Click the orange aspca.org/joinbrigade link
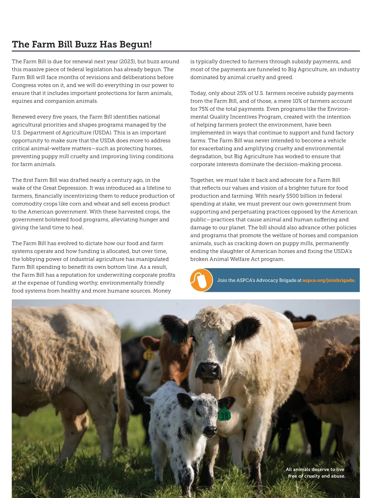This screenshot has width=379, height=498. (x=328, y=280)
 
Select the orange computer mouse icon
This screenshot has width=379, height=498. (x=201, y=280)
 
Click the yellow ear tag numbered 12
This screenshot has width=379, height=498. (x=148, y=355)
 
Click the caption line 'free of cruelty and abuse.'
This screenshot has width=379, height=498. (x=316, y=476)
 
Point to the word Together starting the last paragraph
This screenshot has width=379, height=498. (x=202, y=180)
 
